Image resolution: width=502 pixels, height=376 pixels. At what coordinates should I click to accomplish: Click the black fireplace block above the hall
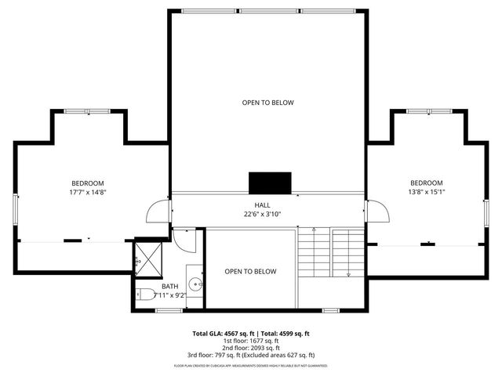tap(270, 182)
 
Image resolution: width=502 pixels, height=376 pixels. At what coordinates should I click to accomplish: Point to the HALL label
tap(262, 204)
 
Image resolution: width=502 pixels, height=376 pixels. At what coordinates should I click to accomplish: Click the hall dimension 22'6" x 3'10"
tap(262, 214)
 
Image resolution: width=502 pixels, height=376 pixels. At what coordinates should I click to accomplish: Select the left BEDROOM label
tap(87, 183)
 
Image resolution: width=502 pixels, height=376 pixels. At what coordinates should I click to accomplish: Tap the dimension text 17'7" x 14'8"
tap(87, 192)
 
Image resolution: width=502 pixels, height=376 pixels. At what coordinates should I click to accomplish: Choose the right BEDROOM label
tap(427, 183)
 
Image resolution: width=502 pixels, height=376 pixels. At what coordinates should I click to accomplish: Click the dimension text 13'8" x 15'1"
tap(427, 192)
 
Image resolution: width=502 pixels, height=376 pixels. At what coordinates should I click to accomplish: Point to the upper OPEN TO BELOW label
tap(267, 103)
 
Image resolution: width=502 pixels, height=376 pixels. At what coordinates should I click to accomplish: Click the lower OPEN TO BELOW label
tap(250, 272)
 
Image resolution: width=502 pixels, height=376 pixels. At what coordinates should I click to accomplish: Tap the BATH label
tap(169, 286)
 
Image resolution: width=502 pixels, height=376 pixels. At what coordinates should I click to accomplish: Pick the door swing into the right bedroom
tap(377, 211)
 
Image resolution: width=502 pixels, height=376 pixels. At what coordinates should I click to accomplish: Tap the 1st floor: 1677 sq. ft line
tap(251, 341)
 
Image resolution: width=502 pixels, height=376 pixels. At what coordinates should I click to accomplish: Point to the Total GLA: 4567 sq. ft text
tap(222, 333)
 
